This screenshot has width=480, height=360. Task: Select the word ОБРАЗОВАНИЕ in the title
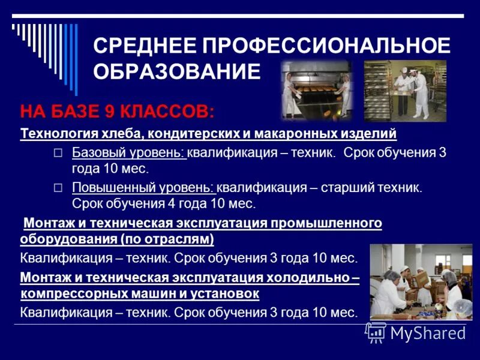coord(177,72)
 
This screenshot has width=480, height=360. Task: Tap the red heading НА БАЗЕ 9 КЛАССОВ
coord(116,112)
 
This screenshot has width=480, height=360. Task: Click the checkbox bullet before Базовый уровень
coord(58,153)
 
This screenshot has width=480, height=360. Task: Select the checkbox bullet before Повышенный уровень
coord(58,188)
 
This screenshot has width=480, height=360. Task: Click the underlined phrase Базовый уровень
coord(128,152)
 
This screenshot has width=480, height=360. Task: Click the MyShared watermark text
coord(428,333)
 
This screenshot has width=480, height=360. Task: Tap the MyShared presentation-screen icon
coord(376,332)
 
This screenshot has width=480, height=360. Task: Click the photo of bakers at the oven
coord(317,89)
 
